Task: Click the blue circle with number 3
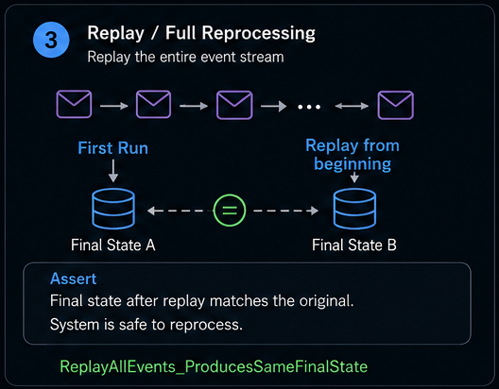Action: (x=51, y=40)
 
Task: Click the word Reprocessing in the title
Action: (x=258, y=33)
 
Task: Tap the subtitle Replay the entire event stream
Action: (x=185, y=58)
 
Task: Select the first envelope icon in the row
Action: (x=74, y=104)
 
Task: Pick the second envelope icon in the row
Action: (x=153, y=104)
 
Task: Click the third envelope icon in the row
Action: (x=234, y=105)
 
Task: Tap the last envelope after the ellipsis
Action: (x=396, y=105)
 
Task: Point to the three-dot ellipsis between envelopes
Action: (x=309, y=107)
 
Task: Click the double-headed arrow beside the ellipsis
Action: (x=352, y=106)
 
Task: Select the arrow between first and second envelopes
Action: (x=114, y=106)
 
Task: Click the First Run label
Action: (x=113, y=148)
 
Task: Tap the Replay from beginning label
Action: (x=353, y=155)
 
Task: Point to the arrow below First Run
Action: (x=113, y=171)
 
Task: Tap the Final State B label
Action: (x=354, y=245)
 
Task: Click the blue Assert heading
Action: (x=73, y=279)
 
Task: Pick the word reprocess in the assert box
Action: (x=206, y=325)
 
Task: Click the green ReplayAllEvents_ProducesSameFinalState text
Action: (x=214, y=366)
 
